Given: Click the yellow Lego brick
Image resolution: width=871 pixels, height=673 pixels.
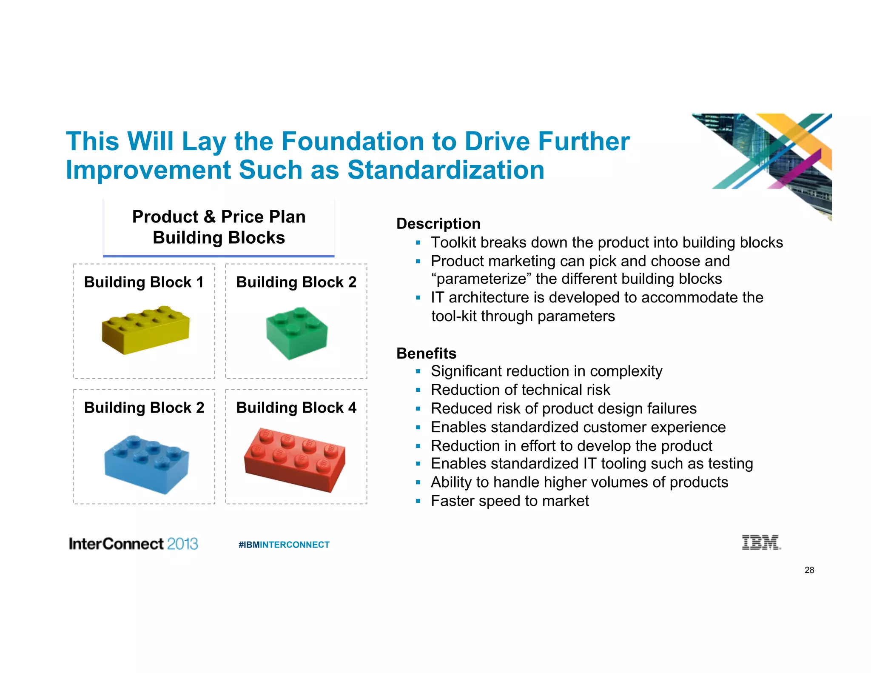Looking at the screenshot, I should tap(145, 330).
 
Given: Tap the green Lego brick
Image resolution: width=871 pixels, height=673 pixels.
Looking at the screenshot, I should tap(297, 333).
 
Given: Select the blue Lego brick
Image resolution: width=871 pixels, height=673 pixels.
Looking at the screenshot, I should tap(147, 464).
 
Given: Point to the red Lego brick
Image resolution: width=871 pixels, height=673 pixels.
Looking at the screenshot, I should tap(295, 459).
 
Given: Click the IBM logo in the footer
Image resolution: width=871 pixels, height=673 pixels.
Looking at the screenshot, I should tap(761, 542).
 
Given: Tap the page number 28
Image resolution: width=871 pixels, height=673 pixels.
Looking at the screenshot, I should tap(809, 570).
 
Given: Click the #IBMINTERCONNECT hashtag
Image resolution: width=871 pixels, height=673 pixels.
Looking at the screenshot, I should tap(284, 545).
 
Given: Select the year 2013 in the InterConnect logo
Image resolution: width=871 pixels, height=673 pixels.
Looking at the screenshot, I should tap(182, 544).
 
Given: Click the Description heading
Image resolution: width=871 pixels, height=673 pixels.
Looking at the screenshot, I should tap(438, 224).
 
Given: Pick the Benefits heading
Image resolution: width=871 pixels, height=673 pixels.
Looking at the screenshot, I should tap(426, 353).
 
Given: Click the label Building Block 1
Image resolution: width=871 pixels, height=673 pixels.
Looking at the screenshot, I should tap(144, 282).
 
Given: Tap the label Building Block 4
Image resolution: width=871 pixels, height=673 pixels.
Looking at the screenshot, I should tap(296, 408).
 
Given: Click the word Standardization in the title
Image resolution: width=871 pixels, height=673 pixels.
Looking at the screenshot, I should tap(446, 170).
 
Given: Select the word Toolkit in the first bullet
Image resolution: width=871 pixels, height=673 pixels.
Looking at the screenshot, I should tap(453, 242).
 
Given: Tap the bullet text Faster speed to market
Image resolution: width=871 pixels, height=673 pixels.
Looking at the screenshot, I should tap(510, 501).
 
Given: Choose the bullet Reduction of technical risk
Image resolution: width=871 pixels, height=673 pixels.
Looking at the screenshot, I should tap(520, 390).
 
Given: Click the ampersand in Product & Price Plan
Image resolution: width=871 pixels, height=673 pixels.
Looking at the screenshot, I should tap(209, 217).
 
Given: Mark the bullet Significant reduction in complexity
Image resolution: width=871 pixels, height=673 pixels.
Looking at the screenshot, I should tap(547, 371).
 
